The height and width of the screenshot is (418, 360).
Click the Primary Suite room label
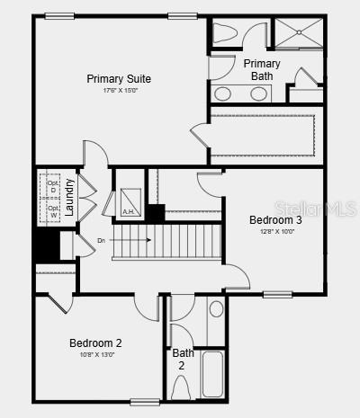(x=119, y=79)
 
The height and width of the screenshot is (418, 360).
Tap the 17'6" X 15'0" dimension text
(x=119, y=91)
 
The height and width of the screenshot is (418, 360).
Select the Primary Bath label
(x=262, y=69)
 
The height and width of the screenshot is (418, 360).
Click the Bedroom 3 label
(x=275, y=220)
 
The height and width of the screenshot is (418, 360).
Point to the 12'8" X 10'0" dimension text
(x=275, y=231)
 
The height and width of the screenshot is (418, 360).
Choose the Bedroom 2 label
(x=95, y=342)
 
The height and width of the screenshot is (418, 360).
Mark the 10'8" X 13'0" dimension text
(x=95, y=354)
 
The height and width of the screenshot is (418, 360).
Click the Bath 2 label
(x=183, y=360)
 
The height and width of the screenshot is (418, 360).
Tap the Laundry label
(x=69, y=199)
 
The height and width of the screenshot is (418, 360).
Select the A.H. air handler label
(x=128, y=212)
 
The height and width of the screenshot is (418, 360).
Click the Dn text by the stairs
(x=101, y=240)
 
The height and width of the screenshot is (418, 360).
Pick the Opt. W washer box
(x=53, y=212)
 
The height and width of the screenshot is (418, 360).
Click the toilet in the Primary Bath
(x=225, y=33)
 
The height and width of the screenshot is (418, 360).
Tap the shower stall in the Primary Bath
(x=298, y=33)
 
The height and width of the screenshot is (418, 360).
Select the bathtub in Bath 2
(x=213, y=373)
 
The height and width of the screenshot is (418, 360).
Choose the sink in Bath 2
(x=216, y=309)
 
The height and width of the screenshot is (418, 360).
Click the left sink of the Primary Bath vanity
(x=222, y=93)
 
